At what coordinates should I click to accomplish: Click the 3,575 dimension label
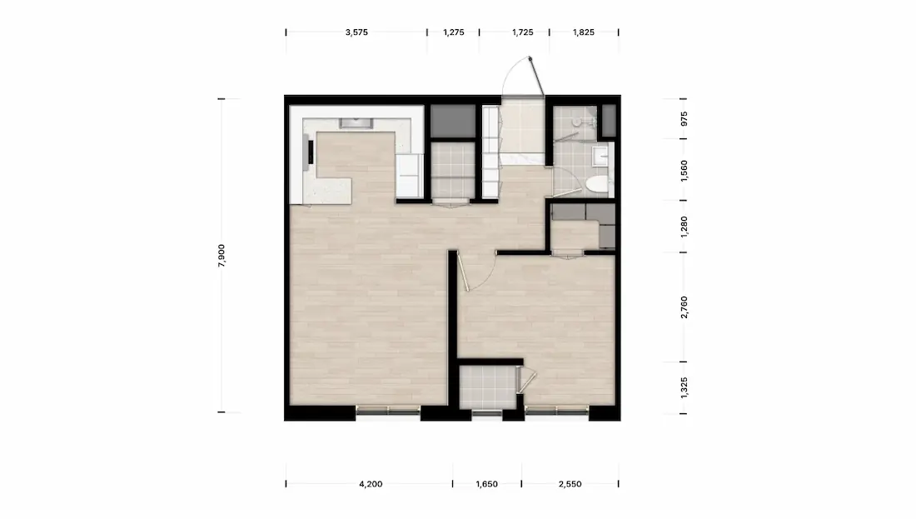(356, 32)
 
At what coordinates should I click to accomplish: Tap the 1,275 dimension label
(453, 32)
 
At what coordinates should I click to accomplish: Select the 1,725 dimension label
(522, 32)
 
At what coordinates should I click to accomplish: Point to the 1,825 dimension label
(584, 32)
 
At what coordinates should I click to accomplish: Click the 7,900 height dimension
(222, 256)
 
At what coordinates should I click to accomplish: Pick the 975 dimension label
(684, 118)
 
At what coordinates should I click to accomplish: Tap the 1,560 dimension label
(684, 171)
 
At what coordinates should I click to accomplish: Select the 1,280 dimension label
(684, 227)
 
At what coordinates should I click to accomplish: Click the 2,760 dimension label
(684, 307)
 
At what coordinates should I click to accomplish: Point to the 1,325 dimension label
(684, 387)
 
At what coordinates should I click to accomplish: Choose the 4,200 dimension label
(371, 484)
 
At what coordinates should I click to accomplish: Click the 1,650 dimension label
(486, 484)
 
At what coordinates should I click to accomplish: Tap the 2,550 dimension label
(570, 484)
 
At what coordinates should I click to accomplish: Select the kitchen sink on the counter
(356, 122)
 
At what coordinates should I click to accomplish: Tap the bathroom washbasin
(600, 156)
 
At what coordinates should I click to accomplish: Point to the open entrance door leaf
(537, 76)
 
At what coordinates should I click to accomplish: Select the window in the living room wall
(388, 412)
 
